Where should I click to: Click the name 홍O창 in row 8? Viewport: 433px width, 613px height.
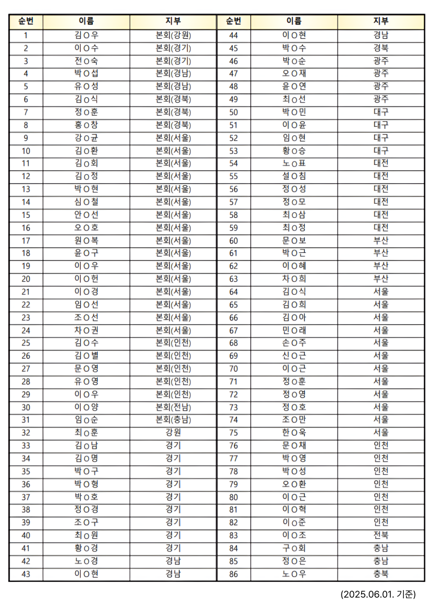[x=86, y=125]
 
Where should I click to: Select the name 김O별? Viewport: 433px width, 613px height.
[x=86, y=356]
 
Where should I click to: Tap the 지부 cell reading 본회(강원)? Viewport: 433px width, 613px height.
[x=173, y=35]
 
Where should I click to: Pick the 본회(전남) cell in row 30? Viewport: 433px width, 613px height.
[x=173, y=407]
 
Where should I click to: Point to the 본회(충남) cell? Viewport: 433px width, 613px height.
[x=173, y=420]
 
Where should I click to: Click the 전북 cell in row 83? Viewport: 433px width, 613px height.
[x=381, y=535]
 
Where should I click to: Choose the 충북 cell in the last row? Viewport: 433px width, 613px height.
[x=381, y=574]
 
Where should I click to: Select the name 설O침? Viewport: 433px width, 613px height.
[x=294, y=176]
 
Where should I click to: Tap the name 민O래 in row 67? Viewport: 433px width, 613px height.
[x=294, y=330]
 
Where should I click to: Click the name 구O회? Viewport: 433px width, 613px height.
[x=294, y=548]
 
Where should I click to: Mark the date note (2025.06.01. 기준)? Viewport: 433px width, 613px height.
[x=378, y=594]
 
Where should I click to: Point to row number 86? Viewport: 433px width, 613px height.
[x=233, y=574]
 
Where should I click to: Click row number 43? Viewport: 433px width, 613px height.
[x=26, y=574]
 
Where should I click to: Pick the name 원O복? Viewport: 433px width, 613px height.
[x=86, y=240]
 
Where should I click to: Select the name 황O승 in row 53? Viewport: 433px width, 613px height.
[x=294, y=151]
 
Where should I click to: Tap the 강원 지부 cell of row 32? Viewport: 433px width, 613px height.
[x=173, y=433]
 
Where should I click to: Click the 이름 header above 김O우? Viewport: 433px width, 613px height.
[x=86, y=22]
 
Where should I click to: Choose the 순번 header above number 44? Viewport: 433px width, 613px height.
[x=233, y=22]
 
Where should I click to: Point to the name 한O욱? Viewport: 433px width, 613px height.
[x=294, y=433]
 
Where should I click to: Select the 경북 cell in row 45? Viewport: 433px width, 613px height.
[x=381, y=48]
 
